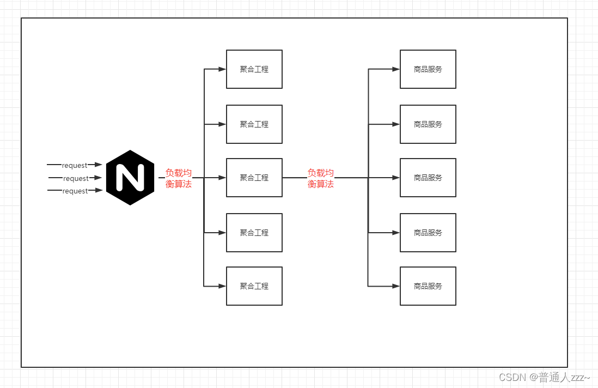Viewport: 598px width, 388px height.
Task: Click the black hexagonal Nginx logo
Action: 130,178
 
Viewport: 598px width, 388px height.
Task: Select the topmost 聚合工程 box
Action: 254,69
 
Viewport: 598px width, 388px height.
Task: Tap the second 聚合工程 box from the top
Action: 254,124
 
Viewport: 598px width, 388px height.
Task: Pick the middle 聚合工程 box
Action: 254,178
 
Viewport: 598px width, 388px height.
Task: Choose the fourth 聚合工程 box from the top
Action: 254,233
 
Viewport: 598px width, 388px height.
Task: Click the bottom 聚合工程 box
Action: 254,286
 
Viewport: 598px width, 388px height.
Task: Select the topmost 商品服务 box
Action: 428,69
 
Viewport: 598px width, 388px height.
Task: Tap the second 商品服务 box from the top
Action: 428,124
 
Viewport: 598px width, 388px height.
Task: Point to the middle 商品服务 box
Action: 428,178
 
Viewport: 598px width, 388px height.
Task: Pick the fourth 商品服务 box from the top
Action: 428,233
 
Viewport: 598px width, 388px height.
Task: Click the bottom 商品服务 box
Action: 428,286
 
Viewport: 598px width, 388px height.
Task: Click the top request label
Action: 75,165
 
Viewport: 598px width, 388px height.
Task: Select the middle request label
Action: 76,178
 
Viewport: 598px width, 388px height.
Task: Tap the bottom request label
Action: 75,191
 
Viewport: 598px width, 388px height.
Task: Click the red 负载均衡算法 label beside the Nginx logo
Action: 179,178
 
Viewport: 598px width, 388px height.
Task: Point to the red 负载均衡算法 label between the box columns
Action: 321,178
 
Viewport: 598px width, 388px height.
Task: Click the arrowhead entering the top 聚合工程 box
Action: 222,69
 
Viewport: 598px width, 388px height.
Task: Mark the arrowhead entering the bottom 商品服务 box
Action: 396,286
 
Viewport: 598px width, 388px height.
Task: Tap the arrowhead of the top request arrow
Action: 99,164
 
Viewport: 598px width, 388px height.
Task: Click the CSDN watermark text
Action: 544,377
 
